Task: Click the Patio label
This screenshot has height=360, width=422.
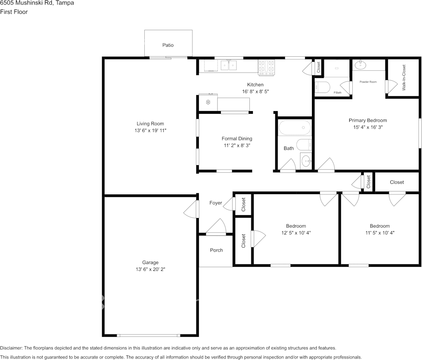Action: point(168,45)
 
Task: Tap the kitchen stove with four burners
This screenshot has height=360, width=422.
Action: point(267,67)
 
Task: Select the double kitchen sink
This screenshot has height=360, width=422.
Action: point(229,65)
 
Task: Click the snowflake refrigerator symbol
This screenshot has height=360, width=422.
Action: point(208,102)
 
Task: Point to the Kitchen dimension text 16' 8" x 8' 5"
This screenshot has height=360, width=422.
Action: point(256,91)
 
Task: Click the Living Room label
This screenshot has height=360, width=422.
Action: point(150,124)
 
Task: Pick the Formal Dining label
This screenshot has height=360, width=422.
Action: point(237,139)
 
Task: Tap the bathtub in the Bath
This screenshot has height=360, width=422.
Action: point(295,127)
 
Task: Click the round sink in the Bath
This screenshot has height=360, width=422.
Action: point(306,161)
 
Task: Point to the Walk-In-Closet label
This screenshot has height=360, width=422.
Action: point(404,77)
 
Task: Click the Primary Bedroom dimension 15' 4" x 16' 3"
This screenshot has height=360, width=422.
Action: point(368,127)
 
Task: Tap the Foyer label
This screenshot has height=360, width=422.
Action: point(216,203)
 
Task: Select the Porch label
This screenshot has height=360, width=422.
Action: point(216,250)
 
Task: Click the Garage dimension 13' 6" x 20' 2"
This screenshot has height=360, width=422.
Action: point(150,269)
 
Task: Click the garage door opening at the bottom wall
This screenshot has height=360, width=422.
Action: point(148,335)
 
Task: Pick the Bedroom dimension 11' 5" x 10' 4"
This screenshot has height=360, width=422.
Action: point(380,233)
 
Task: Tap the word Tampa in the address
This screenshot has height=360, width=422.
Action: point(65,3)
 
